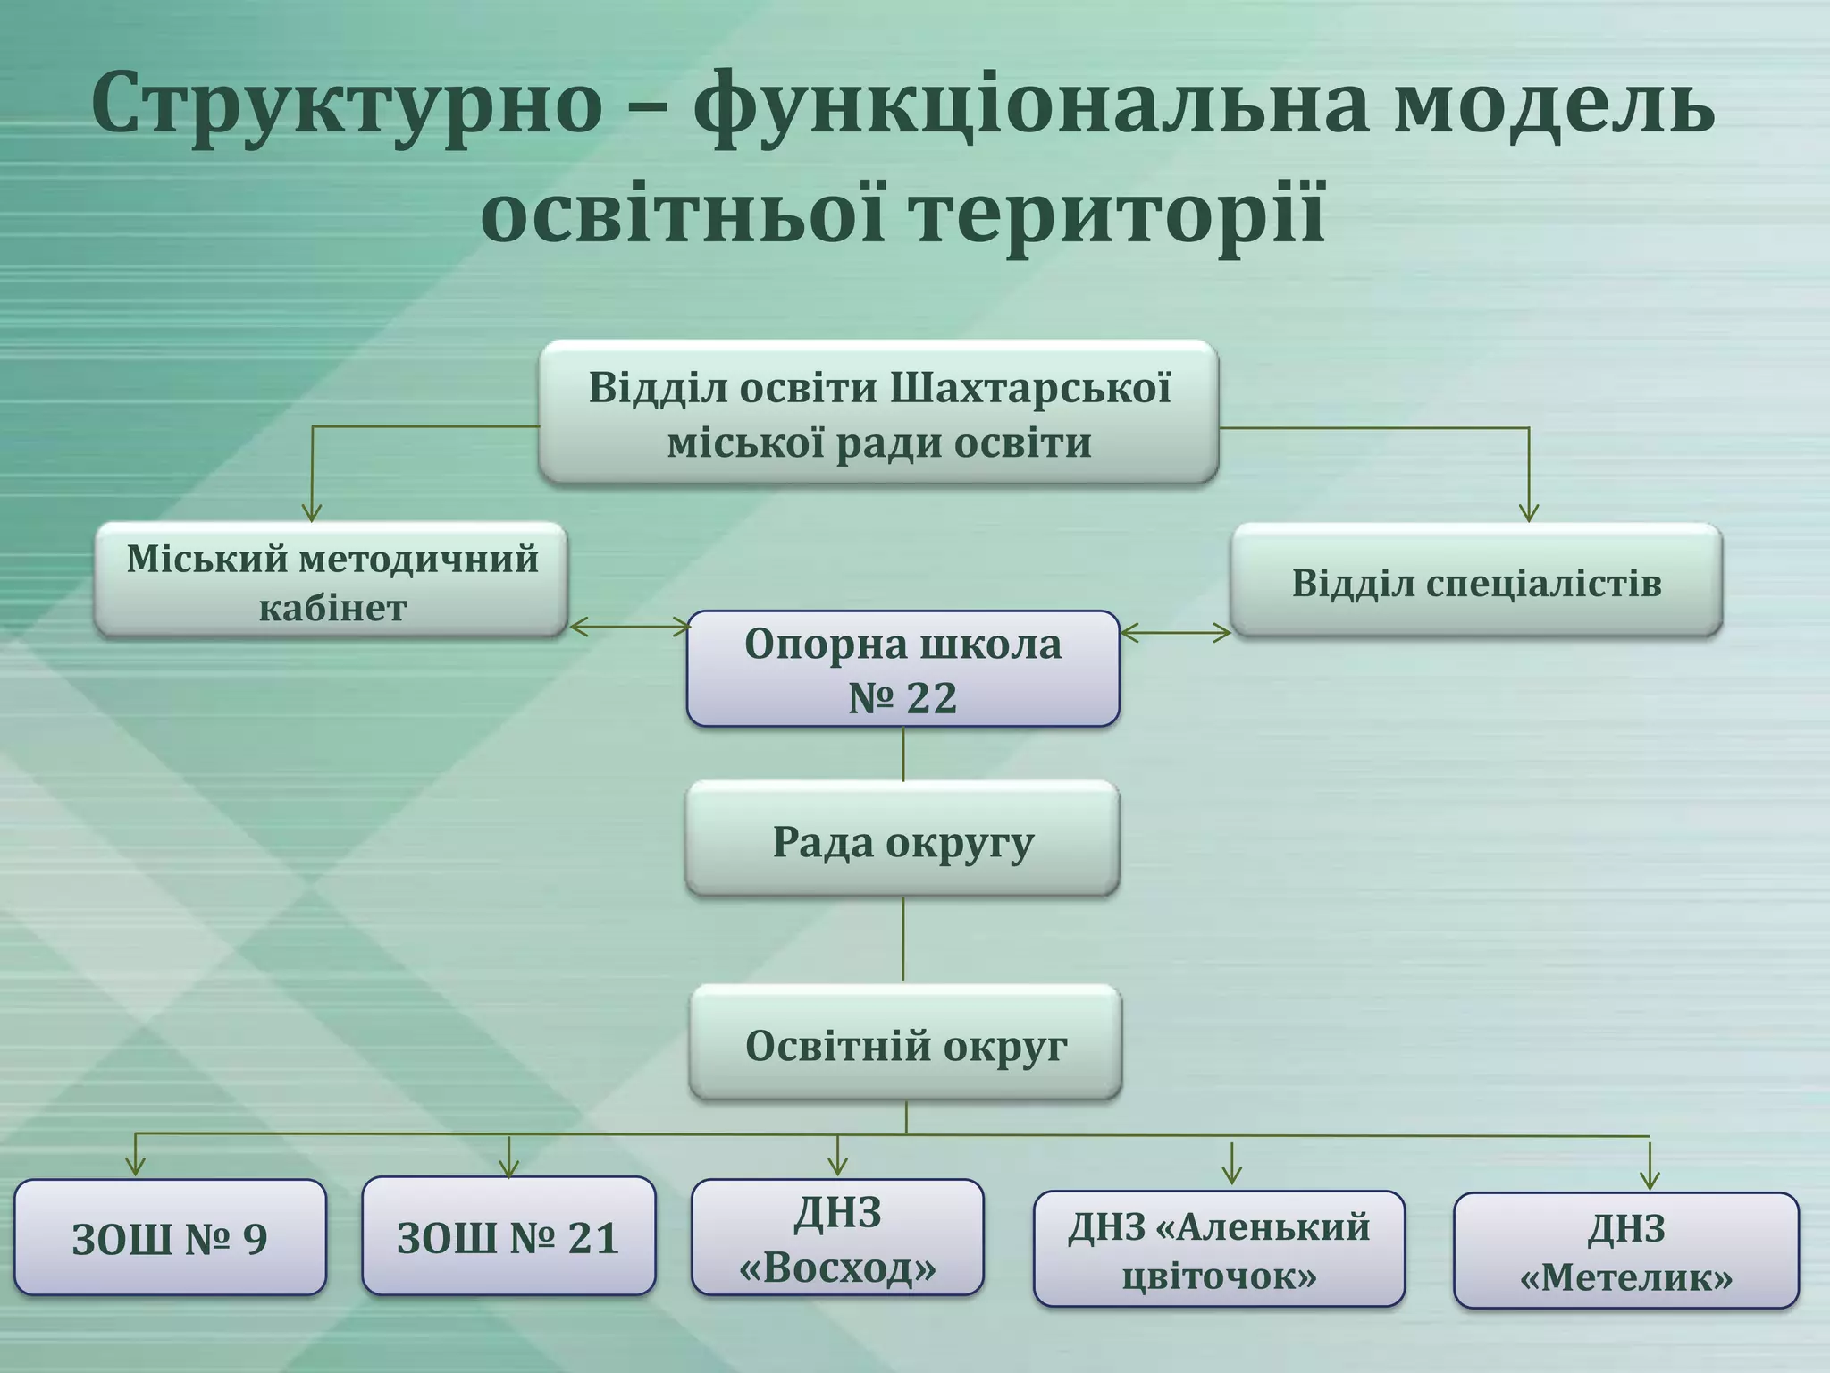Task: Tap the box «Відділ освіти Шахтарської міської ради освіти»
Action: (x=878, y=413)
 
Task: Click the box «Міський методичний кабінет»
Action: (x=332, y=581)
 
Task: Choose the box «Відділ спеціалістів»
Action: (x=1476, y=581)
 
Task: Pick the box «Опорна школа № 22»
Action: (x=902, y=669)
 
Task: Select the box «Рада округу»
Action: (x=902, y=840)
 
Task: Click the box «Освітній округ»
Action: (x=905, y=1044)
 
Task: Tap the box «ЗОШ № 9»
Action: (x=170, y=1238)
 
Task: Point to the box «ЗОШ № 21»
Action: (x=508, y=1236)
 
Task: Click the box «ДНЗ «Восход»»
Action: (x=837, y=1238)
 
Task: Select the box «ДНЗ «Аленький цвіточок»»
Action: (x=1219, y=1250)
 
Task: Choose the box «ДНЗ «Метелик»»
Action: (x=1625, y=1251)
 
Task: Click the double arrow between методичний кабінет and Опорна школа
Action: (x=630, y=627)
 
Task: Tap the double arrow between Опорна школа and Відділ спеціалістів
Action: (x=1175, y=633)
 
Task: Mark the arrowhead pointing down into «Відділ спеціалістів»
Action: (x=1529, y=513)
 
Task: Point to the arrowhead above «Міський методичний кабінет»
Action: (x=312, y=512)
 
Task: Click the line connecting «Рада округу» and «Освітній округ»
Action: (x=903, y=939)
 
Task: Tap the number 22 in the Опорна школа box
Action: (x=931, y=698)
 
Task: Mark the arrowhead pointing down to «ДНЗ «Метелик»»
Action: (x=1650, y=1179)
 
